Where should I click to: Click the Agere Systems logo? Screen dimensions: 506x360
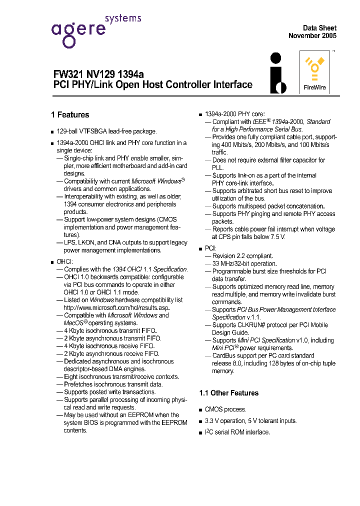95,30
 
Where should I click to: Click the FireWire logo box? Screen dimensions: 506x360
314,72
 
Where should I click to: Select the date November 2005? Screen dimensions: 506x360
312,36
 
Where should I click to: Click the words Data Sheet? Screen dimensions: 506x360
319,28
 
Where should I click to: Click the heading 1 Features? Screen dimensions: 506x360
70,115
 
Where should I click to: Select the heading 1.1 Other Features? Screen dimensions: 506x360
228,393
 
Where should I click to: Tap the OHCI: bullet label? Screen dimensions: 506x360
65,261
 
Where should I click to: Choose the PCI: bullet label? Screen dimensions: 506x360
210,248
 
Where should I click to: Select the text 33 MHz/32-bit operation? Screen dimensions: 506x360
244,263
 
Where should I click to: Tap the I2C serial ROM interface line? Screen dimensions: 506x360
237,432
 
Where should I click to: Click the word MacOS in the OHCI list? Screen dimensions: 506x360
74,323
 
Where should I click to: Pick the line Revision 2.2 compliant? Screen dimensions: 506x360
242,256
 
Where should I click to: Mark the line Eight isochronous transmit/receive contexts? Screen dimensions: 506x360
121,377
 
